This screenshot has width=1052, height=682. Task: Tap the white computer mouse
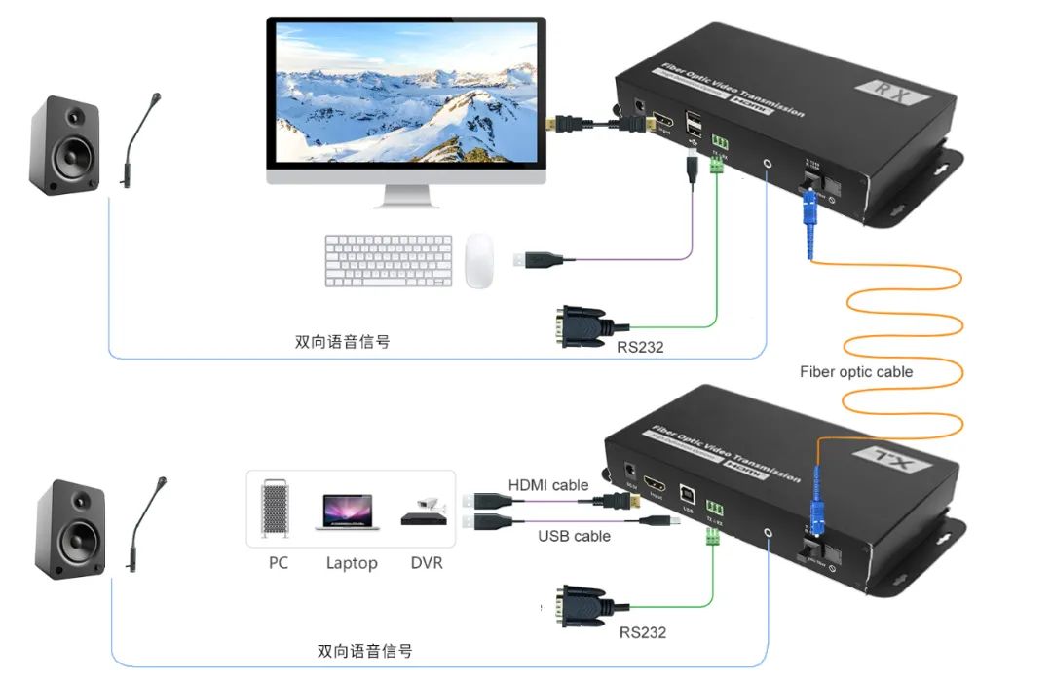click(478, 260)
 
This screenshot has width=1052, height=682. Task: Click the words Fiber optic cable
click(856, 371)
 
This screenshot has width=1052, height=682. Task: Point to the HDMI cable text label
click(548, 485)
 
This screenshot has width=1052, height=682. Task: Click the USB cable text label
click(575, 536)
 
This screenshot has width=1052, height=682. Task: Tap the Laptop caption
click(352, 563)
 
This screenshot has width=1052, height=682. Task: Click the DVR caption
click(426, 563)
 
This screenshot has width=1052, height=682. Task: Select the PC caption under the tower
click(279, 563)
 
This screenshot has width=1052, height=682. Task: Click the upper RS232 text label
click(640, 346)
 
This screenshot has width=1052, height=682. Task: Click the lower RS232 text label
click(643, 632)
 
